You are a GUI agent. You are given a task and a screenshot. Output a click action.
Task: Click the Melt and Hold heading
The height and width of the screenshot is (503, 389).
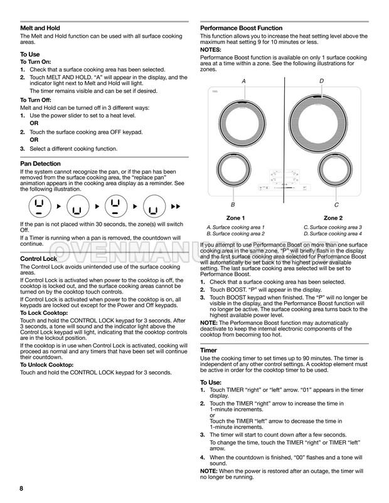tap(40, 28)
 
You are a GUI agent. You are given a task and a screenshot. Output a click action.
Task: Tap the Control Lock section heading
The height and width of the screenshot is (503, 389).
tap(39, 258)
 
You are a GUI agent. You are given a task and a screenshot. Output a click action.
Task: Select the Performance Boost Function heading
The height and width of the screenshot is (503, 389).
tap(241, 28)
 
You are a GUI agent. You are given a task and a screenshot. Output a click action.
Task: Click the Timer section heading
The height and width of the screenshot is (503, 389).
tap(208, 349)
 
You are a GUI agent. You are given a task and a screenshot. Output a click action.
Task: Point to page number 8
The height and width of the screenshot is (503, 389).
tap(21, 488)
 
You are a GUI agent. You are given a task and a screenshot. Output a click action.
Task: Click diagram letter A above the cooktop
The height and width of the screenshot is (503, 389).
tap(244, 82)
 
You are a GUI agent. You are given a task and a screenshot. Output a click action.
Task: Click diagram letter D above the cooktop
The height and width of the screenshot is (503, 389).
tap(321, 82)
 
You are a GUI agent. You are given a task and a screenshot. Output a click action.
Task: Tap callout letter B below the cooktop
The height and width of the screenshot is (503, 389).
tap(233, 205)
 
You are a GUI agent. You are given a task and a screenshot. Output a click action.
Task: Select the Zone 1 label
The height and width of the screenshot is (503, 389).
tap(235, 217)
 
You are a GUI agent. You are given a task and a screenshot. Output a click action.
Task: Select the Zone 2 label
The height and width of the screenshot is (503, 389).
tap(333, 217)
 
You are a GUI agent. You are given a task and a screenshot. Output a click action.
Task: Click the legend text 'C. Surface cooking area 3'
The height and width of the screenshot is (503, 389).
tap(333, 227)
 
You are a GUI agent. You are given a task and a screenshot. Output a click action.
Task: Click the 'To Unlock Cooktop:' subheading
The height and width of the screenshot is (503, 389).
tap(47, 364)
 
